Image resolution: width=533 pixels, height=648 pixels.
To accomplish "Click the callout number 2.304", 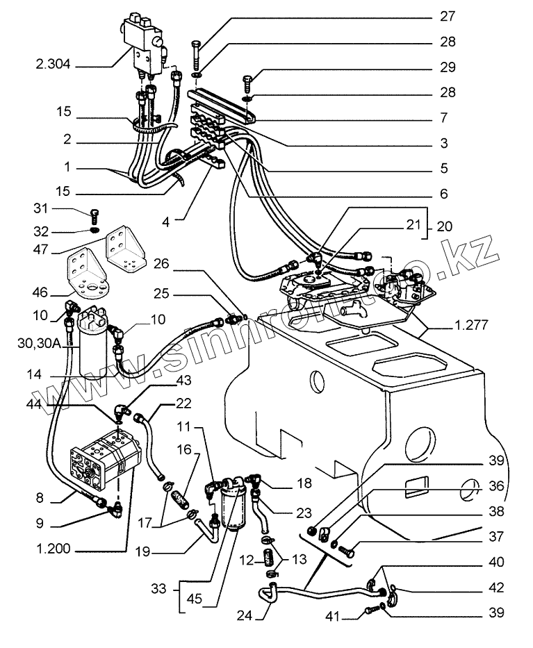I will point(53,67).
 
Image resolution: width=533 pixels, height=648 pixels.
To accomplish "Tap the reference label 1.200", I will point(54,549).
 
